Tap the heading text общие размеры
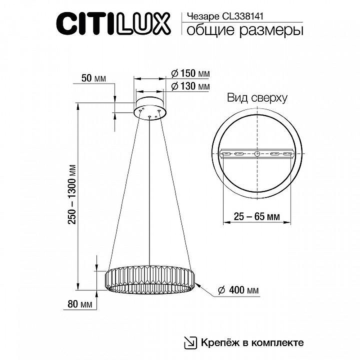click(244, 30)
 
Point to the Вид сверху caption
click(256, 99)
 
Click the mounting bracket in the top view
click(257, 154)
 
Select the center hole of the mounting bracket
click(257, 154)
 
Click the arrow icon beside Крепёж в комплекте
click(191, 342)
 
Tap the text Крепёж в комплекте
click(252, 342)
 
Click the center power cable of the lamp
click(149, 189)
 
